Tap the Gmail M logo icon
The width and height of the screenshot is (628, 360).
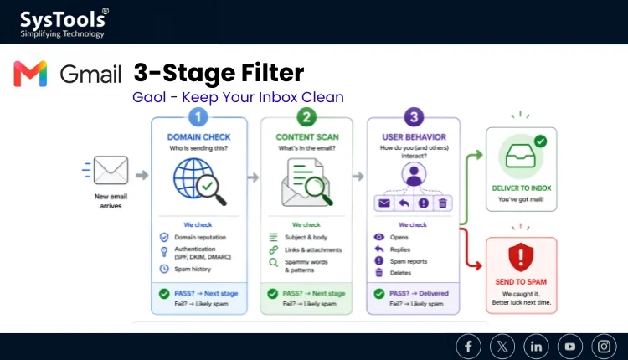click(x=30, y=74)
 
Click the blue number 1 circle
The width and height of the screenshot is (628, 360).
click(x=198, y=117)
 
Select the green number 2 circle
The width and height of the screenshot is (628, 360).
click(x=306, y=117)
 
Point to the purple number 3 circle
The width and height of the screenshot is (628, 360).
click(x=414, y=117)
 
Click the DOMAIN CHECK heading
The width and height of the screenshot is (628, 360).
click(x=198, y=137)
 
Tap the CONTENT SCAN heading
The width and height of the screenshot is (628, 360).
click(x=307, y=137)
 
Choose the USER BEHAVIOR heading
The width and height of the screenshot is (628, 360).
click(x=414, y=137)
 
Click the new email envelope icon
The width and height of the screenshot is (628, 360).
click(x=111, y=170)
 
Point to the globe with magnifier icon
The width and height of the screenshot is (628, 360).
click(x=199, y=181)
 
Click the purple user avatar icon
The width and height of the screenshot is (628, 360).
click(x=414, y=174)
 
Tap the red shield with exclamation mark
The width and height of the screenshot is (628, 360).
click(x=521, y=257)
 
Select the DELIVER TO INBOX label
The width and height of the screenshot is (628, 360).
click(x=522, y=188)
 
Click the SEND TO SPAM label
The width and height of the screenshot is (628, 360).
click(x=521, y=282)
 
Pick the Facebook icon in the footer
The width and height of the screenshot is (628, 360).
click(x=468, y=347)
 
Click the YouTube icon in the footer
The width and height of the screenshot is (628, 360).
click(x=570, y=347)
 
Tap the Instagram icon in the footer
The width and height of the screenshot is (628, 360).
click(x=604, y=347)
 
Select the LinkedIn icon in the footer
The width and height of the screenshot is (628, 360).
click(x=536, y=347)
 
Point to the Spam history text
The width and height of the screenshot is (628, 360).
click(x=193, y=269)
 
